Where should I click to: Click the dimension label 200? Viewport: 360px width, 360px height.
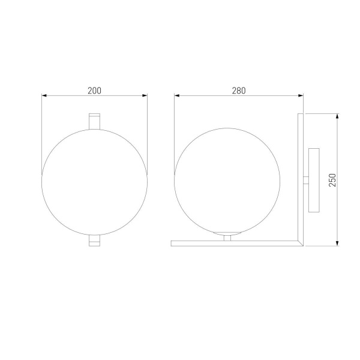[x=94, y=91]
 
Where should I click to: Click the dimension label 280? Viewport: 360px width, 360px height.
[x=239, y=91]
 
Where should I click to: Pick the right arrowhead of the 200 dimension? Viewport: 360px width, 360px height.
[x=144, y=95]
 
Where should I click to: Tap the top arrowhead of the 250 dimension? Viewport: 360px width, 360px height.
[x=338, y=116]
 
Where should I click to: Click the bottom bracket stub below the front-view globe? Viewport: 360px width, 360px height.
[x=94, y=240]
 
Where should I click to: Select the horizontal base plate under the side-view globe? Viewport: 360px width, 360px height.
[x=234, y=243]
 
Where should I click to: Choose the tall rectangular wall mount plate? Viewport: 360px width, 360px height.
[x=314, y=179]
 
